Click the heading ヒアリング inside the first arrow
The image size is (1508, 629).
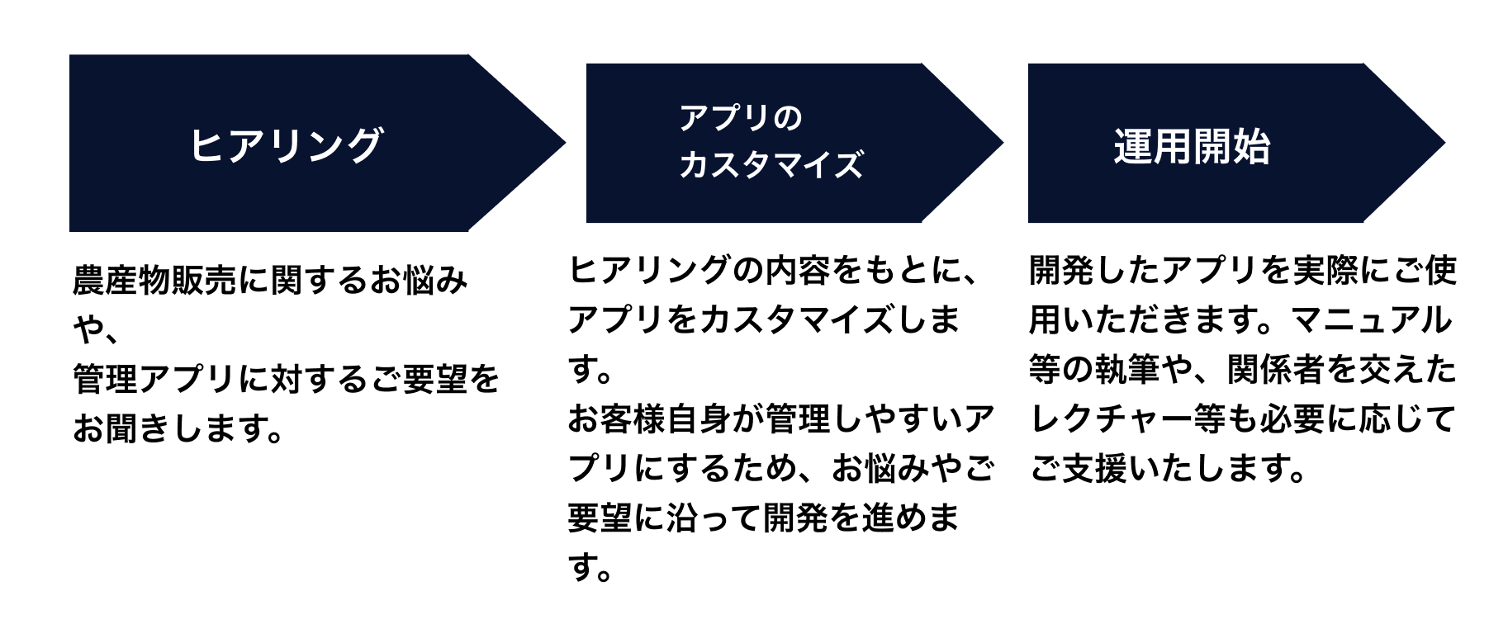tap(286, 145)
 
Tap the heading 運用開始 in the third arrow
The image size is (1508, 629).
tap(1191, 147)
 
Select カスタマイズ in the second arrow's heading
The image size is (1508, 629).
tap(771, 164)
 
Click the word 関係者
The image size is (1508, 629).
tap(1275, 369)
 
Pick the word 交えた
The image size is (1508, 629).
tap(1407, 369)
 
